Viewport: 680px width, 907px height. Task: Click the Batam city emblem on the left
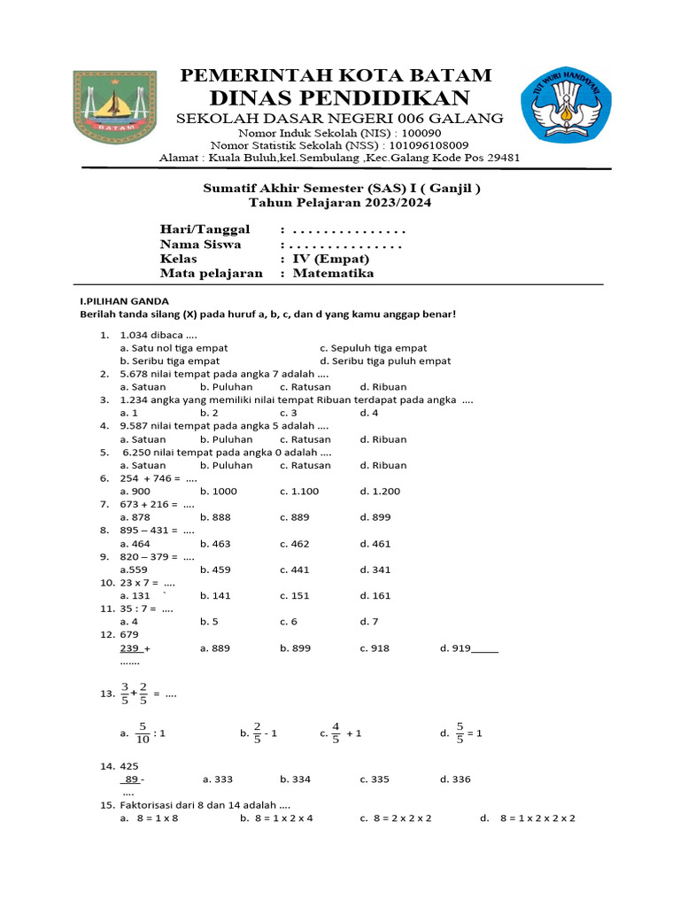pos(113,109)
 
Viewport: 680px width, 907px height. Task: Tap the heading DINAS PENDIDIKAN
pos(340,97)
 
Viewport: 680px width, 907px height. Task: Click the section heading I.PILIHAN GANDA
pos(125,301)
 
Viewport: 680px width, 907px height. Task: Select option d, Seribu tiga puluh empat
pos(385,360)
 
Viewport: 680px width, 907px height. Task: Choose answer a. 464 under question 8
pos(135,543)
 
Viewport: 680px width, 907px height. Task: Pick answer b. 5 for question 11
pos(209,621)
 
